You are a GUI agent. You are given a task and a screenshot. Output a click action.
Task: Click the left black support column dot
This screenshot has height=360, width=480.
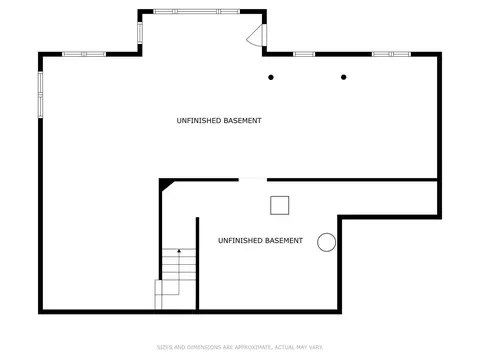point(271,77)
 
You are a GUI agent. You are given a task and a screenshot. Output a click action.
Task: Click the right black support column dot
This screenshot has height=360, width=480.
point(343,77)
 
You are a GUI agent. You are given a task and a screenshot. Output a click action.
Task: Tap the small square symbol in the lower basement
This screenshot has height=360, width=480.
point(279,205)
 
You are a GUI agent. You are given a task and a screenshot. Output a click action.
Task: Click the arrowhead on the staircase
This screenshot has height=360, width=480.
point(179,251)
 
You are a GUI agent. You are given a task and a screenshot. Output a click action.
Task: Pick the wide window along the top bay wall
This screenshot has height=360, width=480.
point(196,12)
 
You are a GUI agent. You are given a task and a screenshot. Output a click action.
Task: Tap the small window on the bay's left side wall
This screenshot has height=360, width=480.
point(140,33)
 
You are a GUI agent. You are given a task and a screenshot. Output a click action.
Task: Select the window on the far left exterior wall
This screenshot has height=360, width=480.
point(40,94)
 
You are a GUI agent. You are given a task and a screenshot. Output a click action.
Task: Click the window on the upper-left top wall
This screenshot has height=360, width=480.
point(84,54)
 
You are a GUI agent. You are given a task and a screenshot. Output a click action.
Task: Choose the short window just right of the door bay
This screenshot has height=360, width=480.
point(304,54)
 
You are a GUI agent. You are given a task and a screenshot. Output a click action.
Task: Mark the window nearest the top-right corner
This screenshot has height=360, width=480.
point(391,54)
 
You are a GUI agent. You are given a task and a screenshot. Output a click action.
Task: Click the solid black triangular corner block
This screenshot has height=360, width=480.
point(164,184)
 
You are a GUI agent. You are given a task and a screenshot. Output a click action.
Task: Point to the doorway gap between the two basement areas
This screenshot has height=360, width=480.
point(253,180)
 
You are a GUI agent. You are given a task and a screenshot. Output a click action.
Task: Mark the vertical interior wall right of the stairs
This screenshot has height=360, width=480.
point(197,264)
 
